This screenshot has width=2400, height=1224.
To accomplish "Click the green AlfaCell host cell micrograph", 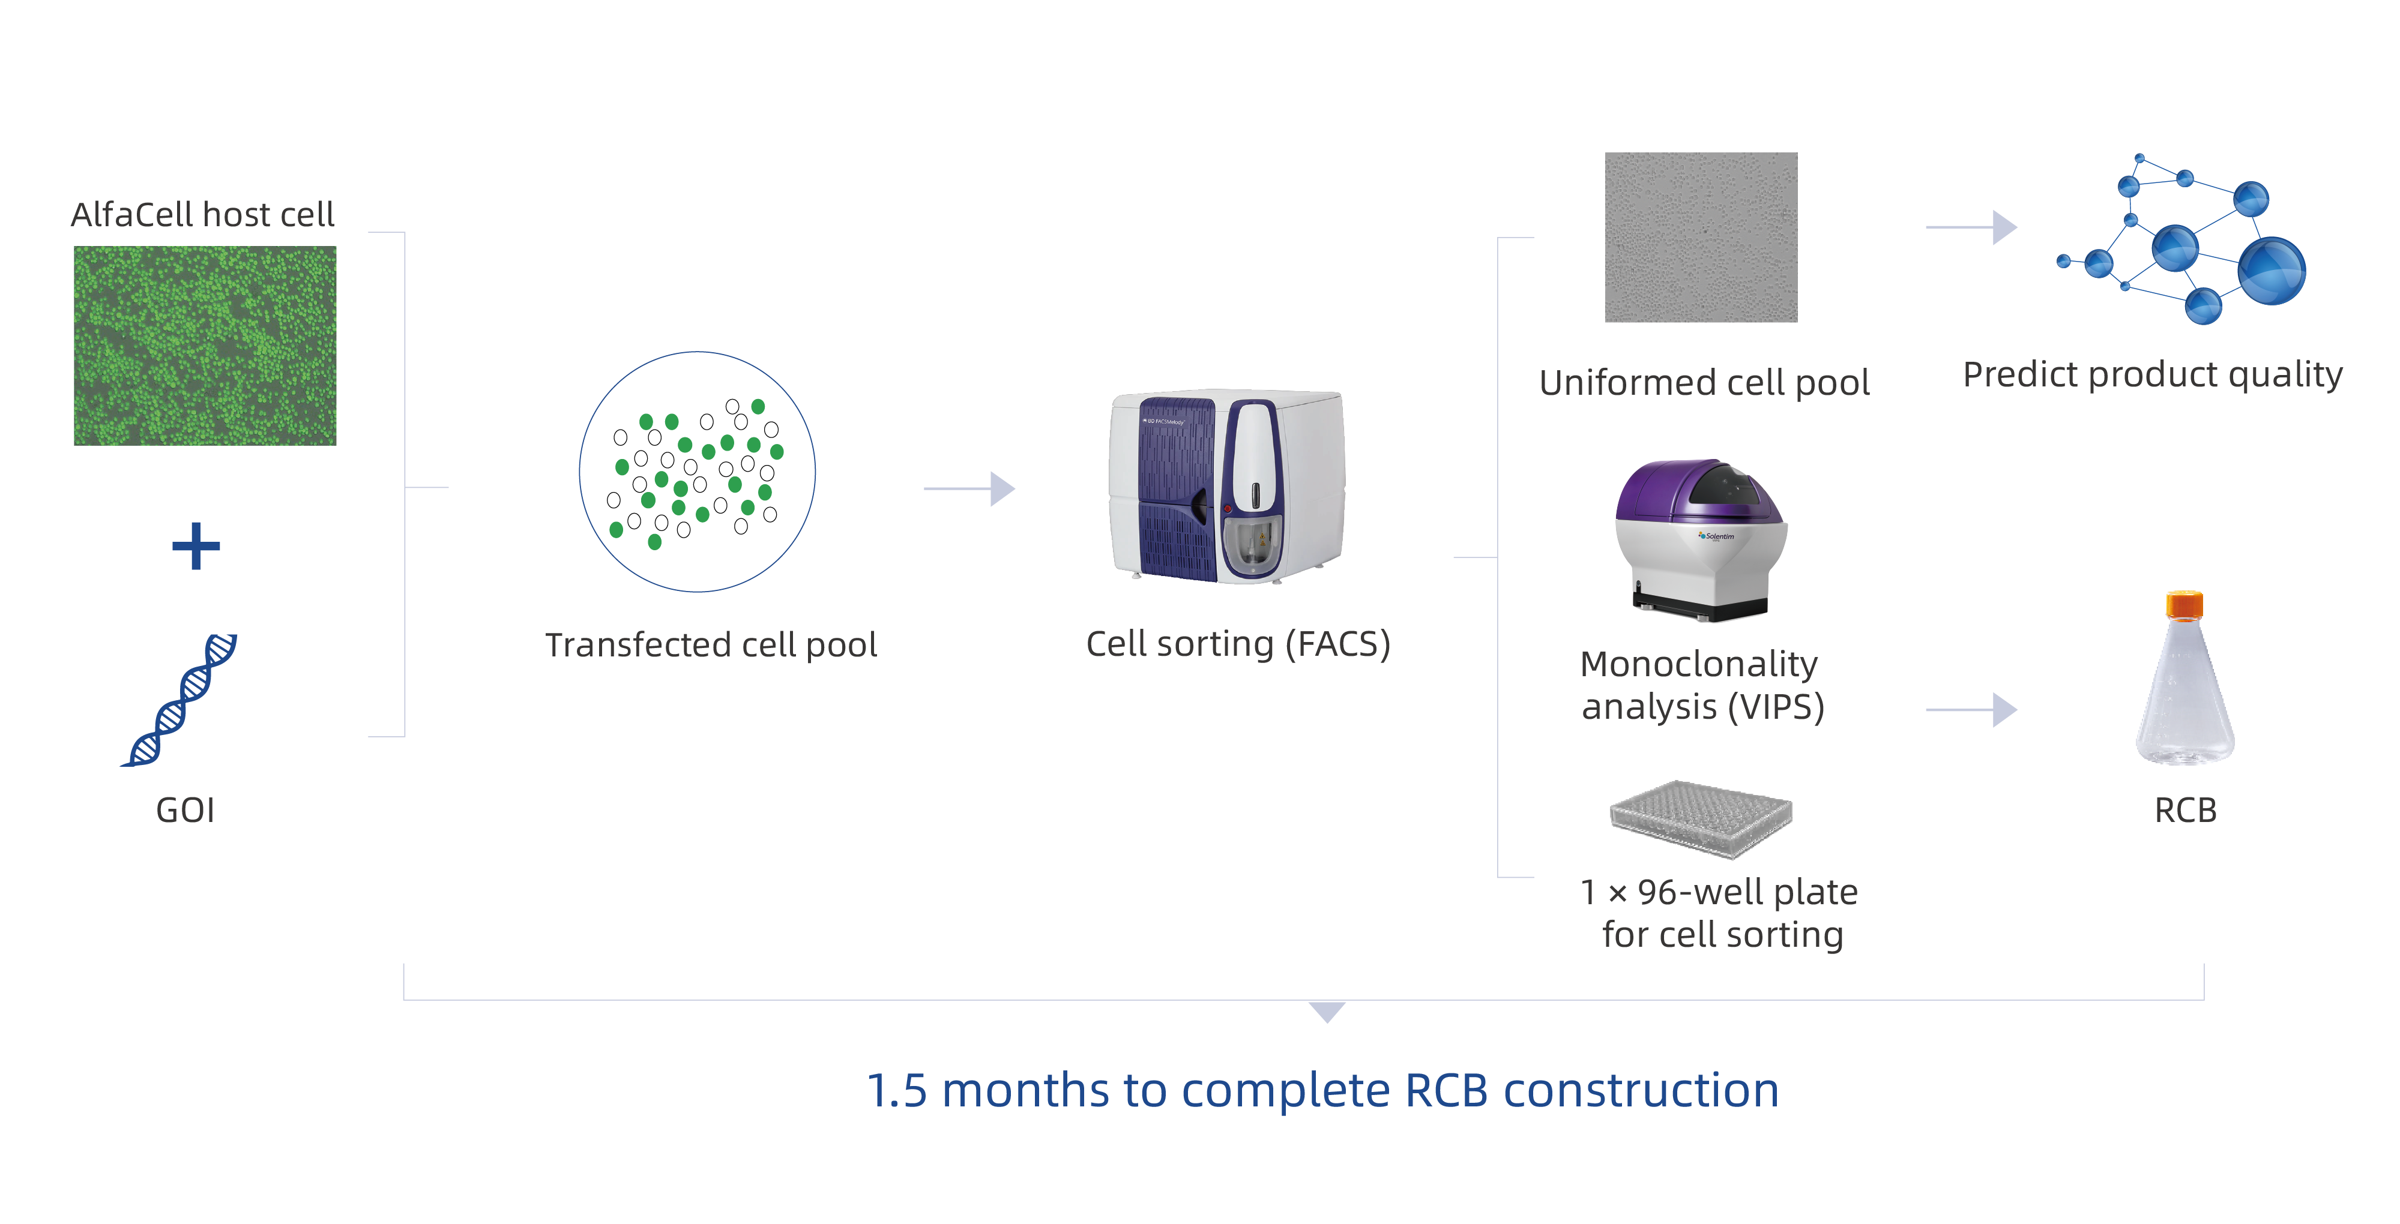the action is click(x=205, y=346).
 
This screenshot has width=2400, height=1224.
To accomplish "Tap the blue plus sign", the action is click(x=196, y=546).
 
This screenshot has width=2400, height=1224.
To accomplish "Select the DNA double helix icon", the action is click(x=180, y=700).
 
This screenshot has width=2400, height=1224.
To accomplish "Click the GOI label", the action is click(x=185, y=811).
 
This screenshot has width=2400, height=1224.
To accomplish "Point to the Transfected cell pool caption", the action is click(x=711, y=644).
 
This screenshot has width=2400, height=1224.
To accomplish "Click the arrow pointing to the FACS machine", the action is click(x=969, y=488).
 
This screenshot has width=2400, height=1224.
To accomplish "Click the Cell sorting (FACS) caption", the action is click(x=1238, y=644).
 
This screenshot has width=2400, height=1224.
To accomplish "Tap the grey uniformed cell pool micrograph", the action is click(x=1701, y=238).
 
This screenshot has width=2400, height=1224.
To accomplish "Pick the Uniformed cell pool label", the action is click(x=1704, y=383).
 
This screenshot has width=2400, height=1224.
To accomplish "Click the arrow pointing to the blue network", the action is click(x=1971, y=227).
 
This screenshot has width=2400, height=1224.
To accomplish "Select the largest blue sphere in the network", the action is click(x=2272, y=270).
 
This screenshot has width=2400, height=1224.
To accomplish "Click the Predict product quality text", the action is click(x=2152, y=374).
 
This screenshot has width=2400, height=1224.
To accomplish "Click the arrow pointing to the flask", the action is click(x=1971, y=710).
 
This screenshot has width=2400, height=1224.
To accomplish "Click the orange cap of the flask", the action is click(x=2184, y=605).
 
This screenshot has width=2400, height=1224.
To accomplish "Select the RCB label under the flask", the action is click(x=2186, y=811).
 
